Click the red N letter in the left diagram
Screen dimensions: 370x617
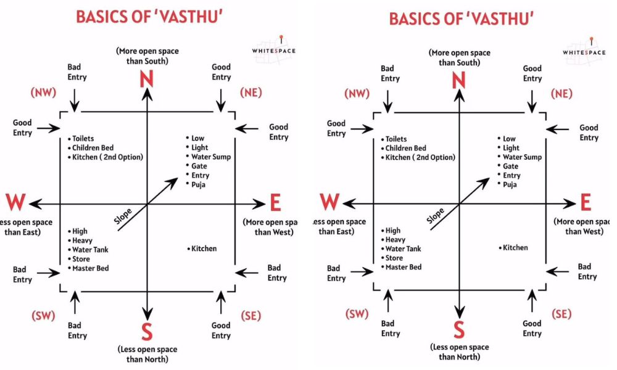147,80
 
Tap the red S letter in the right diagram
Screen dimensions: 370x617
458,329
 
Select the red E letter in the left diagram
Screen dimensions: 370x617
275,203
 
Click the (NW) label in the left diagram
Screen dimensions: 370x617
43,92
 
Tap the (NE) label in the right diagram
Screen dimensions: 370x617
561,94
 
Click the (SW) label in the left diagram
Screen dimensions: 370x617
43,316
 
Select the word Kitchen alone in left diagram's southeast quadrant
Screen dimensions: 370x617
204,249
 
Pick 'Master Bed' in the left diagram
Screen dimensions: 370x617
90,268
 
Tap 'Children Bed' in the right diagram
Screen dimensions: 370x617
405,148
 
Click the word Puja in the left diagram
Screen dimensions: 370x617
199,184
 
